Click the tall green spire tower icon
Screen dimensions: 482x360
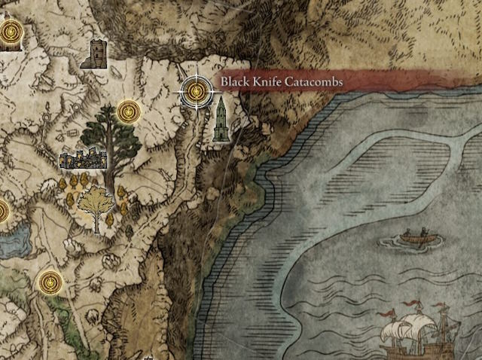[x=221, y=119]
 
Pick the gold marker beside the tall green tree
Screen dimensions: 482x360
[x=128, y=113]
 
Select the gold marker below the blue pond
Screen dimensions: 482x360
[x=50, y=282]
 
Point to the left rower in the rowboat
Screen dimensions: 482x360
[x=407, y=233]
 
